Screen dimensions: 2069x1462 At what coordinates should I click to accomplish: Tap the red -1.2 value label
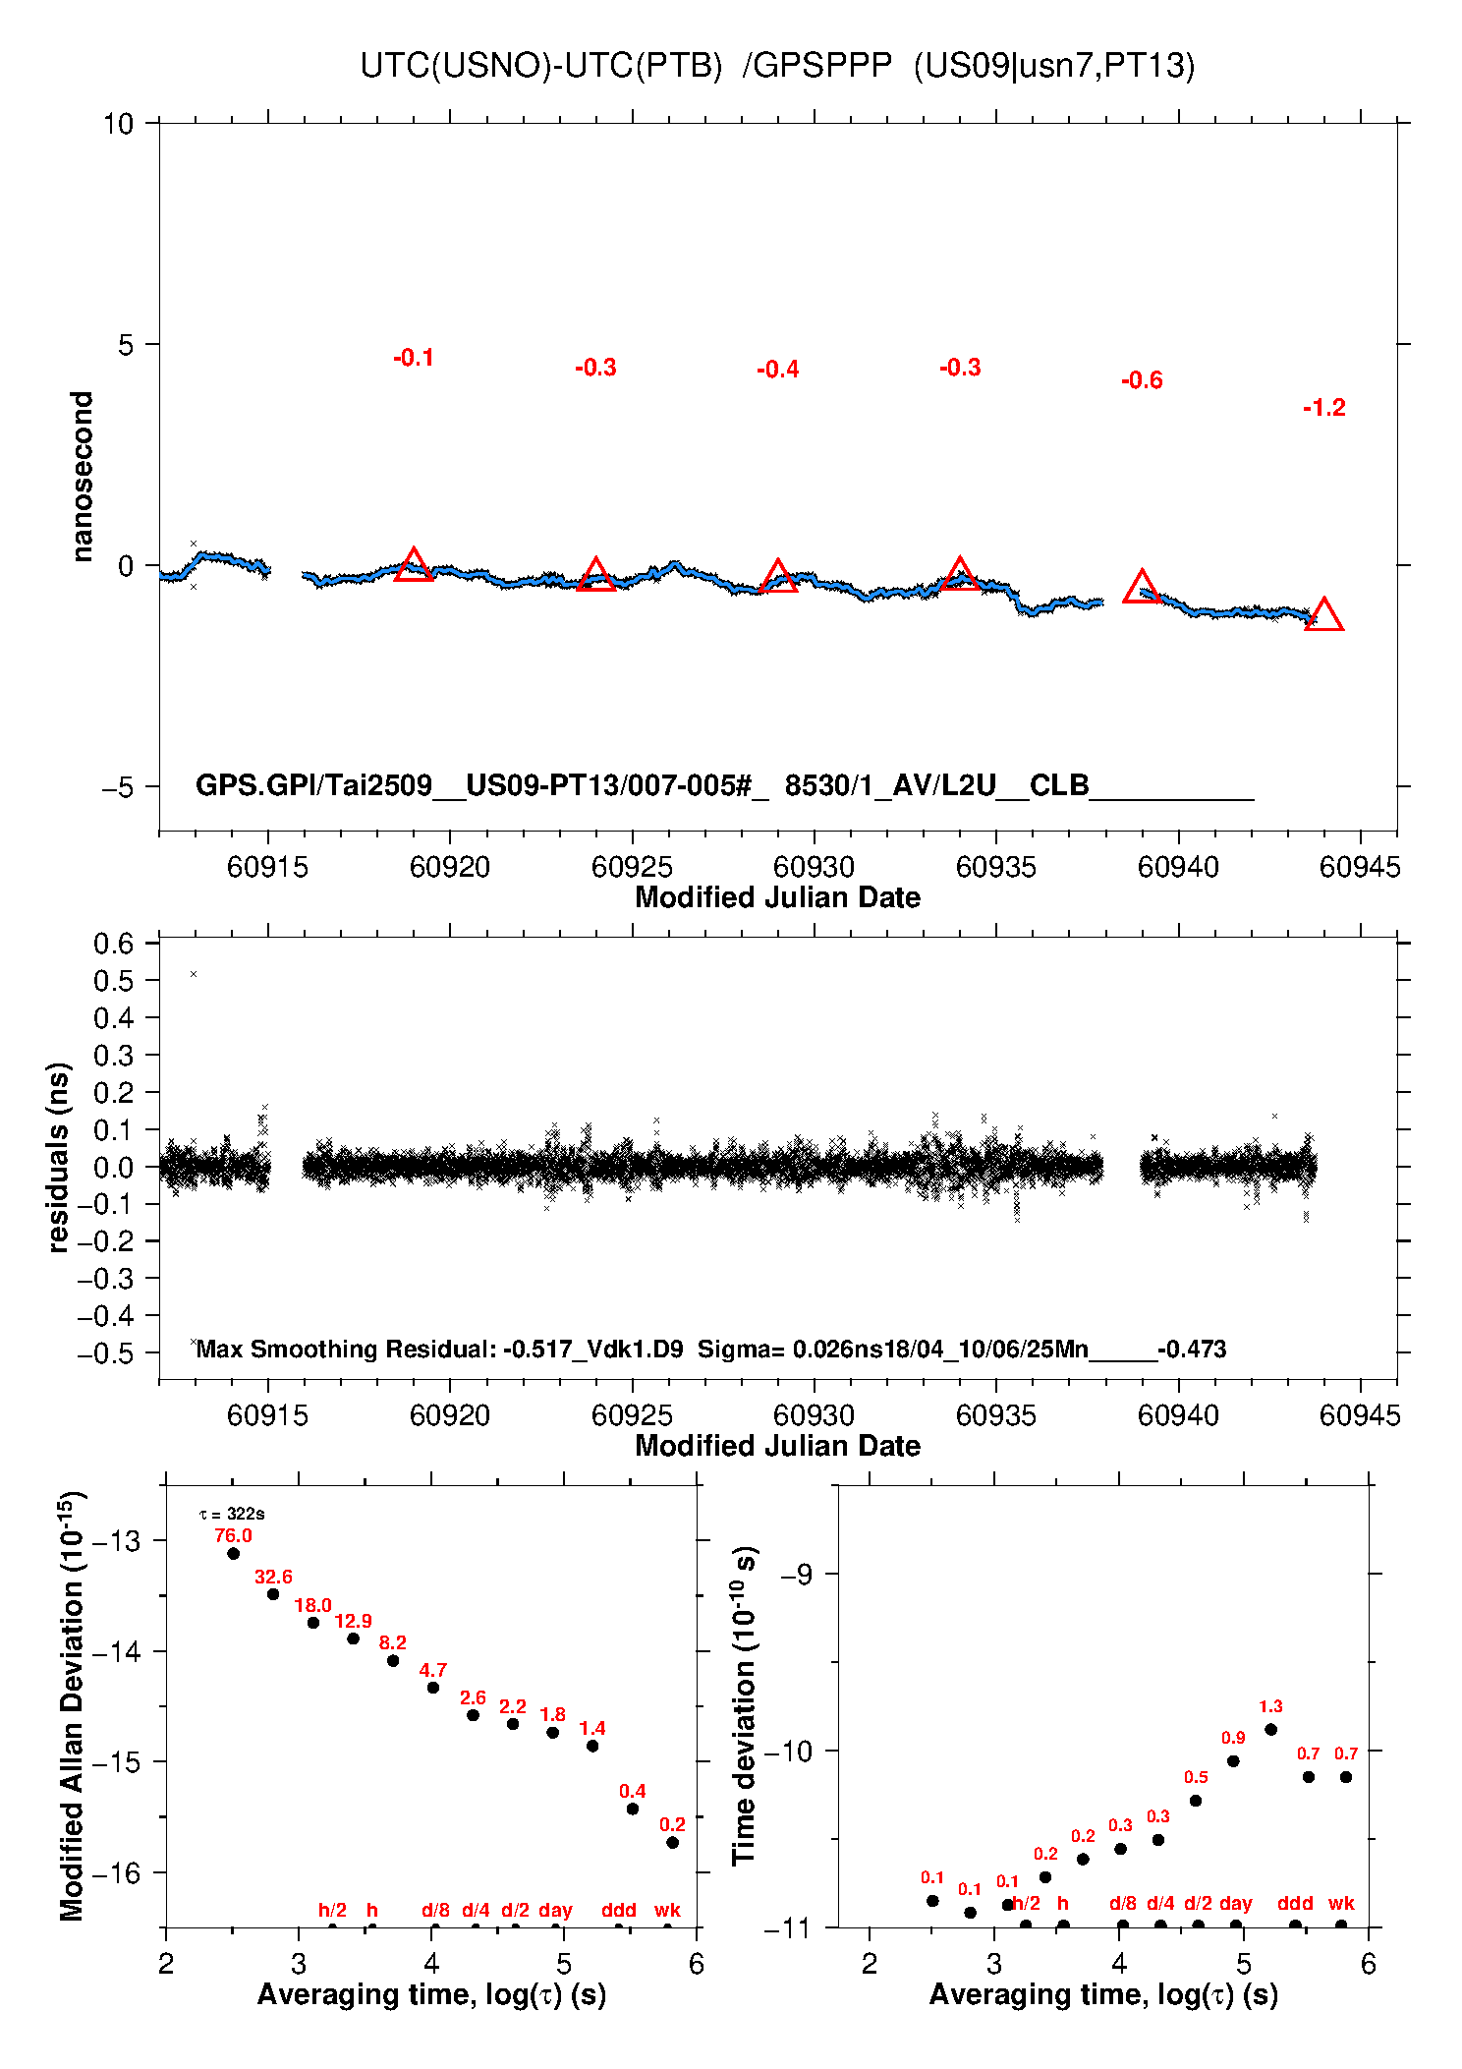click(1323, 408)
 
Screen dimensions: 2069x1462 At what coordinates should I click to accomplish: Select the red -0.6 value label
click(1142, 380)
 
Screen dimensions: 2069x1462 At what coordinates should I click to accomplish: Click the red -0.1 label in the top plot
click(414, 358)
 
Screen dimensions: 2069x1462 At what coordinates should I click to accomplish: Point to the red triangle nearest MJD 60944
click(1323, 616)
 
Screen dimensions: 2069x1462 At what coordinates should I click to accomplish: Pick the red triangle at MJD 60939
click(1142, 588)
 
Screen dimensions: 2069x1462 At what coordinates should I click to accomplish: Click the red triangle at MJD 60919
click(414, 566)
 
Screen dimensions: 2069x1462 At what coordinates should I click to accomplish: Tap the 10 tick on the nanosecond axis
click(118, 124)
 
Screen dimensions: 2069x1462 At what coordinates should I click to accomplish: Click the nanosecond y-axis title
click(83, 477)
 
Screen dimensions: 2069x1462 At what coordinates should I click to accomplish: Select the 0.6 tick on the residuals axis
click(113, 944)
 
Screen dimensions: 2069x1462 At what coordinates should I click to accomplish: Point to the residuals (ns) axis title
click(59, 1157)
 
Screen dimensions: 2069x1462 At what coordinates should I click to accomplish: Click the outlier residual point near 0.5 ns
click(194, 974)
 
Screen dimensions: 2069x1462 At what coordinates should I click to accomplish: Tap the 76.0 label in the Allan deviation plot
click(233, 1535)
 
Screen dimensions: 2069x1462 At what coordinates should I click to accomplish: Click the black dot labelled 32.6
click(273, 1594)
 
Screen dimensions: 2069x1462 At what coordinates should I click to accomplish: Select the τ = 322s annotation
click(232, 1515)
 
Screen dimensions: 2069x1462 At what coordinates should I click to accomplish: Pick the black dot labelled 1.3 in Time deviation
click(1270, 1729)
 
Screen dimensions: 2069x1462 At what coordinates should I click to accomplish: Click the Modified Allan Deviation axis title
click(71, 1705)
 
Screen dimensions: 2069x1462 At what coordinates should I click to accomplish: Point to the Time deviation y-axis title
click(744, 1705)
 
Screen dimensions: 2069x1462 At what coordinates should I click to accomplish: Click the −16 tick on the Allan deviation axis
click(116, 1872)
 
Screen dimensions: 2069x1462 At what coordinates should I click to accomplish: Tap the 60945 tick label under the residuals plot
click(1360, 1415)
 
